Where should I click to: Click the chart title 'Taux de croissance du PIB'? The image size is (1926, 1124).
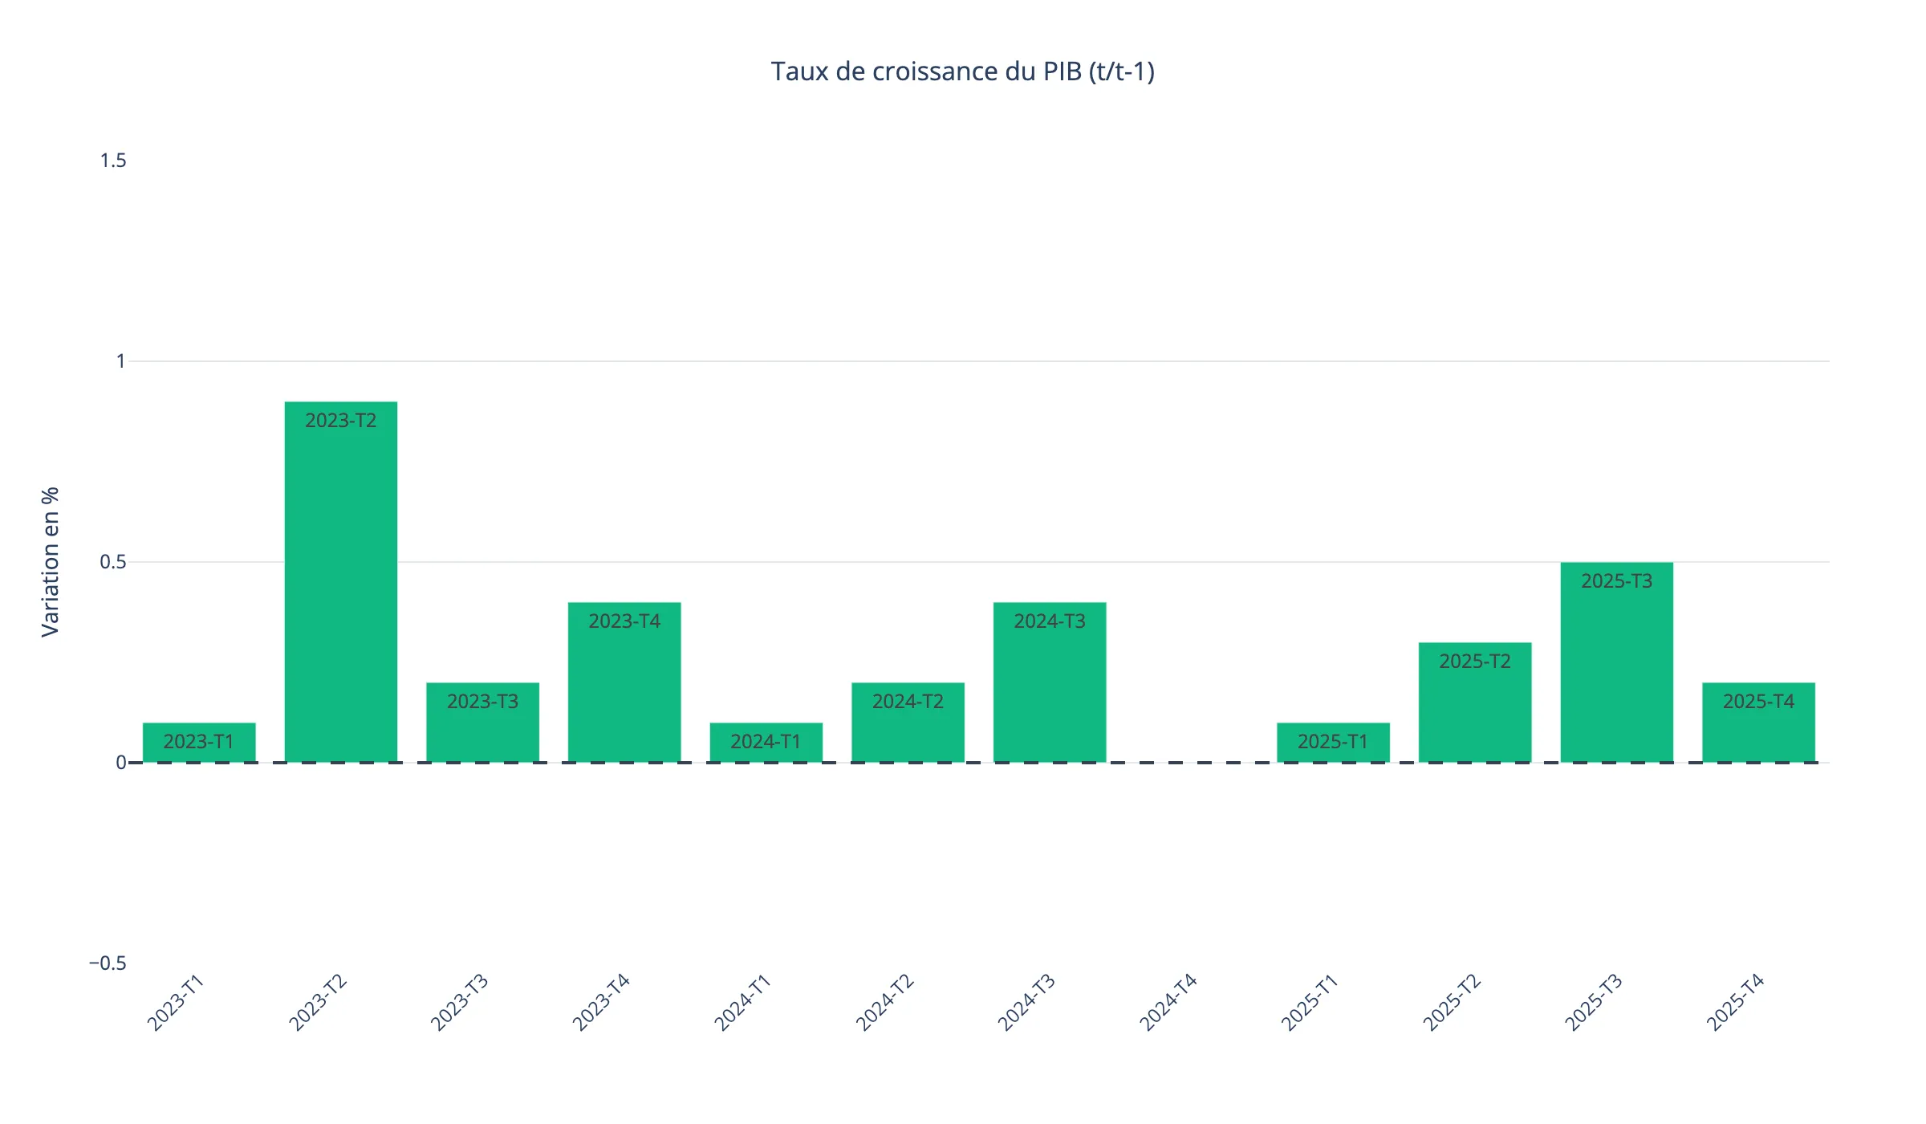962,72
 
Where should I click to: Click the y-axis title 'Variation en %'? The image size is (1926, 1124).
51,562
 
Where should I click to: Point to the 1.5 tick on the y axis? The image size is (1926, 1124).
113,161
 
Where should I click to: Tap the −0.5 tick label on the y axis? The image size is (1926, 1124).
108,963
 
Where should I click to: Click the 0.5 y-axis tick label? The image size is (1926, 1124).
113,562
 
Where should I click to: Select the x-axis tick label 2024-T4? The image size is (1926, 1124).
1168,1002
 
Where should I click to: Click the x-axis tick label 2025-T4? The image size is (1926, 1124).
1735,1002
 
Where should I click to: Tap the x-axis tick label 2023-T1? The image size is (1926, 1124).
176,1002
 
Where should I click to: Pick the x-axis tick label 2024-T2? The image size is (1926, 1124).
885,1002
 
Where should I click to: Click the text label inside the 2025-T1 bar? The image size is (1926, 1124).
1333,742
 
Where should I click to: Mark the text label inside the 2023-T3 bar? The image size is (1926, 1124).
482,702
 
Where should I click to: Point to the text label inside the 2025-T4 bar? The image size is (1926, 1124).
1758,702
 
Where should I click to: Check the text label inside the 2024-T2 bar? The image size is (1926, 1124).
908,702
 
